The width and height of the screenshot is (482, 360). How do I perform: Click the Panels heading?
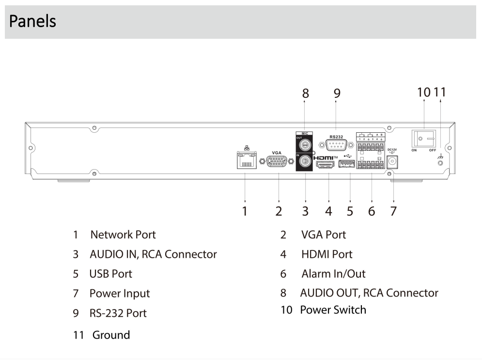pyautogui.click(x=32, y=21)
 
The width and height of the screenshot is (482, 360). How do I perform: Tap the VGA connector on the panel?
pyautogui.click(x=277, y=162)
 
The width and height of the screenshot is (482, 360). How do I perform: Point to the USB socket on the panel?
pyautogui.click(x=347, y=165)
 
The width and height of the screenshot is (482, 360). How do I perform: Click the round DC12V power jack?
pyautogui.click(x=392, y=161)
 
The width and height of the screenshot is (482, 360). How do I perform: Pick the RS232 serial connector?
pyautogui.click(x=336, y=144)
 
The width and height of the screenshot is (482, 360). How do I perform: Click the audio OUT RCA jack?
pyautogui.click(x=305, y=144)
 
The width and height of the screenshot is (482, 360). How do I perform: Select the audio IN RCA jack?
pyautogui.click(x=305, y=161)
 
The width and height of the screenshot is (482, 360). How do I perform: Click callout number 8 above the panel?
pyautogui.click(x=305, y=94)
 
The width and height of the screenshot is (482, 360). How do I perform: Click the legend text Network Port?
pyautogui.click(x=123, y=235)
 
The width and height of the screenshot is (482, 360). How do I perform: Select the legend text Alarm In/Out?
pyautogui.click(x=333, y=274)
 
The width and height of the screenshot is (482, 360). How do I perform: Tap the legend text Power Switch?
pyautogui.click(x=333, y=310)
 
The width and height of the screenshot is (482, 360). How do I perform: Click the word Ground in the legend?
pyautogui.click(x=111, y=335)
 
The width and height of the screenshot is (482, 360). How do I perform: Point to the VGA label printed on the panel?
pyautogui.click(x=277, y=153)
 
